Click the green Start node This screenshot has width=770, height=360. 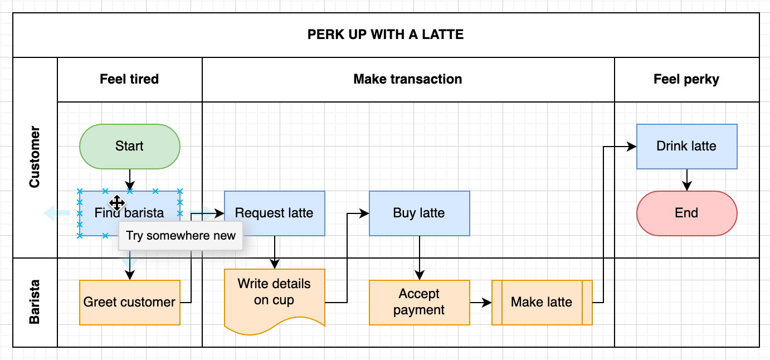(x=129, y=146)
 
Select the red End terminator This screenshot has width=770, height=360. (x=686, y=213)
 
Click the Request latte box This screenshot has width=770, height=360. (x=274, y=213)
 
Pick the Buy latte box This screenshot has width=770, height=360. (x=419, y=213)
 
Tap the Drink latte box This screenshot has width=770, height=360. (x=686, y=146)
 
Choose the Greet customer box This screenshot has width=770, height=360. (x=129, y=302)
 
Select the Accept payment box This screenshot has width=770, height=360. (x=419, y=302)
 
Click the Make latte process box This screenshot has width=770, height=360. (x=542, y=302)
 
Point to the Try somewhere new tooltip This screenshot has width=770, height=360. (x=181, y=235)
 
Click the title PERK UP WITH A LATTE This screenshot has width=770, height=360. (x=386, y=35)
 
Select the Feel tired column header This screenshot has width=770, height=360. (x=129, y=79)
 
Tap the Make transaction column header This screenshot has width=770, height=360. (x=408, y=79)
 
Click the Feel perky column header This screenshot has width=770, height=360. (x=686, y=79)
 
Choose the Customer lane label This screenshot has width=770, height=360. (x=35, y=157)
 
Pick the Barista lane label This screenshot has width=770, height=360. (x=35, y=302)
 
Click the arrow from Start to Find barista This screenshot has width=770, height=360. (x=129, y=179)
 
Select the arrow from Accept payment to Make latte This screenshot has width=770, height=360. (x=480, y=303)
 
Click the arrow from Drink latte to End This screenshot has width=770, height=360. (x=686, y=179)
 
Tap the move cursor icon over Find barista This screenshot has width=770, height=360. (x=116, y=203)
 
